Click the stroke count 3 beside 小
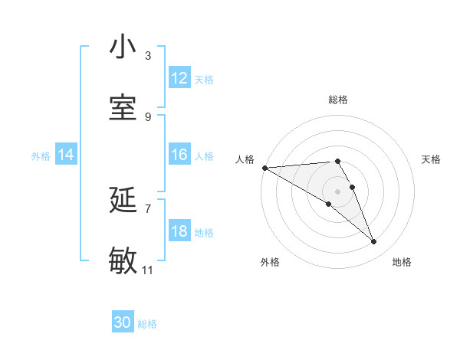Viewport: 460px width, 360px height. click(x=148, y=56)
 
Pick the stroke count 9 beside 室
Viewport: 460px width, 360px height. click(x=148, y=116)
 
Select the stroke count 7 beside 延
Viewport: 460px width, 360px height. click(x=148, y=208)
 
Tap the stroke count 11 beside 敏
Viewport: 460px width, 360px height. click(x=148, y=270)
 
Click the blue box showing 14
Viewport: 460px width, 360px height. click(x=66, y=155)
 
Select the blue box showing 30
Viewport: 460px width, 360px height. click(x=123, y=322)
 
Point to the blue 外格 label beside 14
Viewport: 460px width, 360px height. click(x=41, y=155)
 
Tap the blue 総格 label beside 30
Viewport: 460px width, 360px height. click(x=147, y=324)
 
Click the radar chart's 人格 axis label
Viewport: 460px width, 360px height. click(x=245, y=159)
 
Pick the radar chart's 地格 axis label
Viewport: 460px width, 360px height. click(x=402, y=262)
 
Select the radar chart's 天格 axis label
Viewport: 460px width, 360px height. click(x=431, y=159)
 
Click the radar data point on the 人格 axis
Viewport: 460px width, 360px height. click(x=264, y=168)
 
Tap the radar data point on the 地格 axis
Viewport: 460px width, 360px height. click(x=374, y=242)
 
